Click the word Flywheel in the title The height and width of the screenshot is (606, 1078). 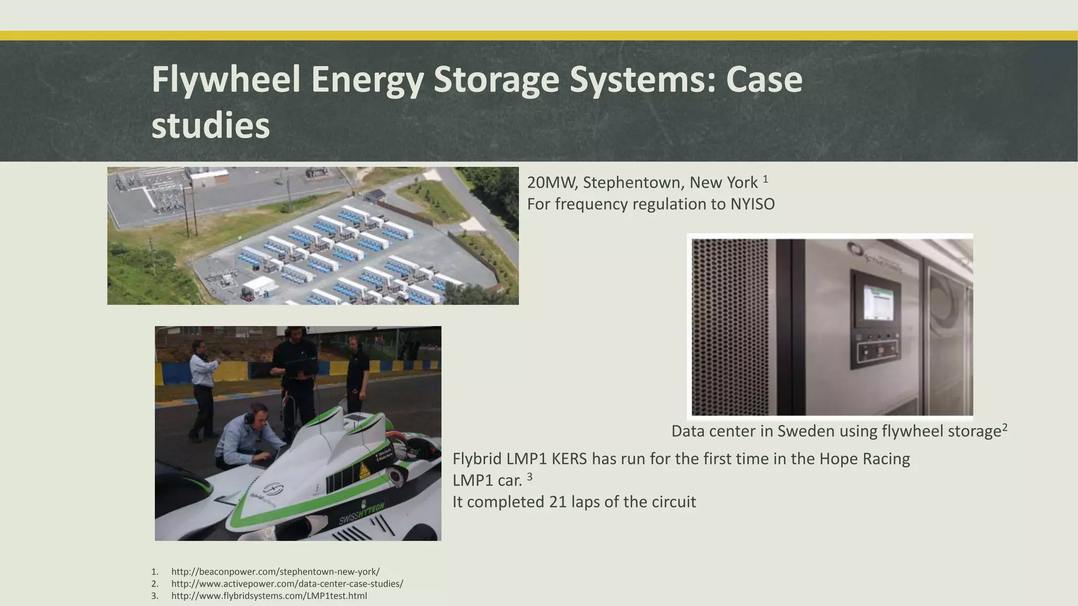pyautogui.click(x=226, y=80)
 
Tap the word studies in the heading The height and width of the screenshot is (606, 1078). pyautogui.click(x=211, y=126)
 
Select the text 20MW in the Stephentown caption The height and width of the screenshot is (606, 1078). pyautogui.click(x=545, y=183)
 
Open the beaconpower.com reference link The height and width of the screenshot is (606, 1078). pyautogui.click(x=275, y=572)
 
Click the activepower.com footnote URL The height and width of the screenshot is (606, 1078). pyautogui.click(x=287, y=584)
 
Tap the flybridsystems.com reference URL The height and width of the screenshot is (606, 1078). pyautogui.click(x=269, y=596)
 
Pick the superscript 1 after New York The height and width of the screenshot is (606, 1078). pyautogui.click(x=765, y=179)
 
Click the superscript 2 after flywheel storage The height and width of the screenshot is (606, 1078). pyautogui.click(x=1005, y=427)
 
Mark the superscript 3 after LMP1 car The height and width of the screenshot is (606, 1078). pyautogui.click(x=530, y=476)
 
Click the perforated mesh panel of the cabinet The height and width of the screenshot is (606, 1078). pyautogui.click(x=732, y=326)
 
